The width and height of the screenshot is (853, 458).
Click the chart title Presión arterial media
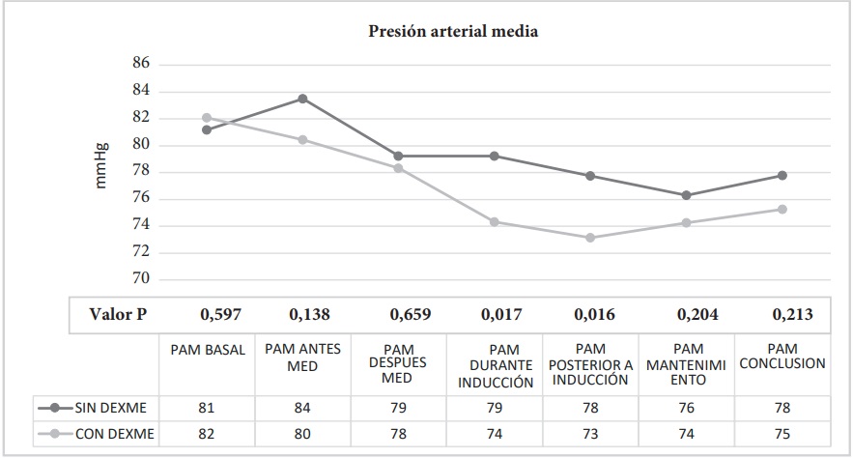(453, 31)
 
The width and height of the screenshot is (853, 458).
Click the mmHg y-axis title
(101, 165)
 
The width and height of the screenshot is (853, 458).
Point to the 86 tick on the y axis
(141, 64)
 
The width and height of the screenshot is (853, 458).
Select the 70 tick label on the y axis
(141, 279)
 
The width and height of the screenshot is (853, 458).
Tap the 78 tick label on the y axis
(141, 172)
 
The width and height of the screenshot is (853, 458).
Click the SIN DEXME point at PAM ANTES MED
(302, 99)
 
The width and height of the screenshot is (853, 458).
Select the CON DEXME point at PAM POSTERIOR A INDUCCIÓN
(590, 238)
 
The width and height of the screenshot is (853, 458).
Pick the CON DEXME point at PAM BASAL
(207, 118)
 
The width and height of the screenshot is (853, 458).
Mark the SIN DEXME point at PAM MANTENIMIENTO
(686, 195)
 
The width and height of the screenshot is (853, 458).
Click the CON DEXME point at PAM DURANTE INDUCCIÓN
(495, 222)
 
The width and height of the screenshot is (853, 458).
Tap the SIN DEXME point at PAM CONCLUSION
(782, 175)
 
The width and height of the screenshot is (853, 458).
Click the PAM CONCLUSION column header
(782, 357)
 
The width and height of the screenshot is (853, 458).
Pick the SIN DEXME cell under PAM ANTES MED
(302, 408)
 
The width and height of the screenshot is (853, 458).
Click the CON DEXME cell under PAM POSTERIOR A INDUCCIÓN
(590, 434)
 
